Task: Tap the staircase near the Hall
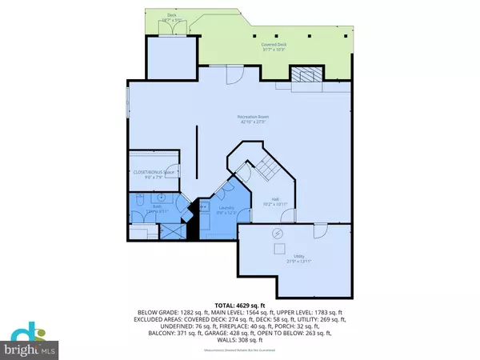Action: [266, 170]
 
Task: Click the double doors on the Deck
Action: [171, 27]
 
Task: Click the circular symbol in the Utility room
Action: [278, 234]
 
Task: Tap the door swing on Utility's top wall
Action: [319, 230]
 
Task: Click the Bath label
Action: [157, 209]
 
